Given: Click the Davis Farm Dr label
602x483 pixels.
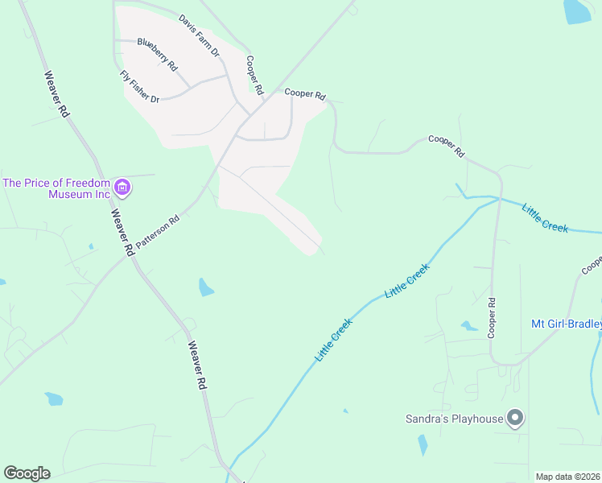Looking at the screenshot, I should pyautogui.click(x=199, y=35).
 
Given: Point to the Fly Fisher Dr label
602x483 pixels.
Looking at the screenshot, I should pyautogui.click(x=139, y=87).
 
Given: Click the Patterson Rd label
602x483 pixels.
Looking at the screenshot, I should pyautogui.click(x=158, y=231).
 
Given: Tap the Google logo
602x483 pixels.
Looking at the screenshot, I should pyautogui.click(x=27, y=473).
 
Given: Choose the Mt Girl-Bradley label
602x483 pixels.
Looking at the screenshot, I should pyautogui.click(x=566, y=324).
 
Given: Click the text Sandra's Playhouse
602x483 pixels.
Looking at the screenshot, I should pyautogui.click(x=452, y=418).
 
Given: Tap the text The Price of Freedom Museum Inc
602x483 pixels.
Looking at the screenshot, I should pyautogui.click(x=56, y=188).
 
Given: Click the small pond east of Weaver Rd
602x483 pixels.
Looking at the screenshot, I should pyautogui.click(x=206, y=287).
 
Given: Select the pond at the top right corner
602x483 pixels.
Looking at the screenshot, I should pyautogui.click(x=577, y=10).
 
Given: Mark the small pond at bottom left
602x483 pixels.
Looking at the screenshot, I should pyautogui.click(x=54, y=398).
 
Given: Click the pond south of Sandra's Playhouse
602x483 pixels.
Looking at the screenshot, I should pyautogui.click(x=423, y=444).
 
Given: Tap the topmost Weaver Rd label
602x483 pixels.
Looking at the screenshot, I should pyautogui.click(x=56, y=95).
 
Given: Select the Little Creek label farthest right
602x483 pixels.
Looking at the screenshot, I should pyautogui.click(x=545, y=218).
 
